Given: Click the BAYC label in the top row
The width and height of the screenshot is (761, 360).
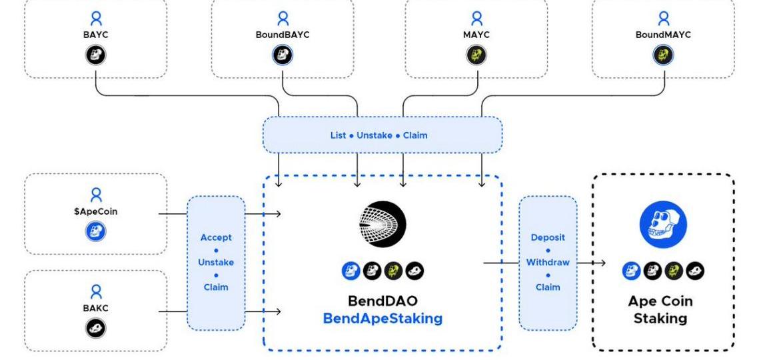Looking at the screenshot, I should click(x=97, y=35).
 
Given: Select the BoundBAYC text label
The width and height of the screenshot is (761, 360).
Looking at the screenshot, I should click(x=283, y=35).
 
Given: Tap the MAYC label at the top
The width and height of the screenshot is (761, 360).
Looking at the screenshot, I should click(x=476, y=35).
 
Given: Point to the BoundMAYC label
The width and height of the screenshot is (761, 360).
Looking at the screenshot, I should click(x=662, y=35).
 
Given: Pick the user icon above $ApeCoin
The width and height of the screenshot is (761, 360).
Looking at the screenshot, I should click(x=97, y=195).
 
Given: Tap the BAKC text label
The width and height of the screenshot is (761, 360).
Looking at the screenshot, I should click(x=97, y=308).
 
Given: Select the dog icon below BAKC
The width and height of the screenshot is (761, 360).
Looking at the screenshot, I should click(x=97, y=327).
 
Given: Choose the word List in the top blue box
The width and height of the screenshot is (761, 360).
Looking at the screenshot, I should click(x=339, y=135).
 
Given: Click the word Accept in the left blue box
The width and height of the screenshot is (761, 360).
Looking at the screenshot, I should click(x=215, y=237).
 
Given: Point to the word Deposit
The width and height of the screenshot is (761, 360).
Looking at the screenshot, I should click(x=548, y=237).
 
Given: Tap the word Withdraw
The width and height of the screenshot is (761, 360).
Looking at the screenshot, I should click(x=548, y=262).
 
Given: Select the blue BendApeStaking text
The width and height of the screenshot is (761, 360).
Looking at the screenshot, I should click(x=382, y=319).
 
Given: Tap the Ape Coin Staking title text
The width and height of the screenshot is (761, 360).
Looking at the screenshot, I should click(x=663, y=309).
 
